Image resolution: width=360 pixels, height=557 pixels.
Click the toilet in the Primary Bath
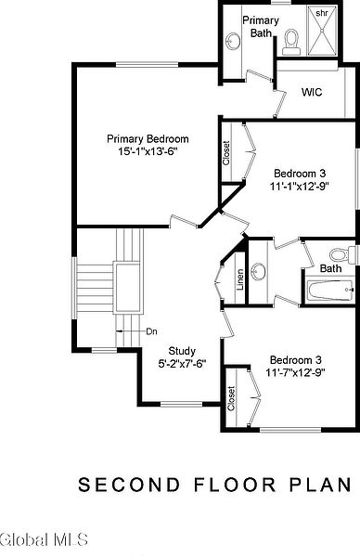[291, 43]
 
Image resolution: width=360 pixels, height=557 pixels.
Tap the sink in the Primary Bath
[233, 41]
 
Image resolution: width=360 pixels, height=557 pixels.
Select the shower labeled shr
[322, 31]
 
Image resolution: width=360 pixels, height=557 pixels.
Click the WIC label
[312, 92]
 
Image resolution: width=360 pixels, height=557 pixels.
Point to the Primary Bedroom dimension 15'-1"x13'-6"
[148, 151]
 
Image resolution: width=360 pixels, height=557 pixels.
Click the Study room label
[182, 351]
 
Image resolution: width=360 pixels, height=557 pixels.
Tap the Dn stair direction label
[151, 331]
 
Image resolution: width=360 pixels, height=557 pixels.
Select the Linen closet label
[240, 280]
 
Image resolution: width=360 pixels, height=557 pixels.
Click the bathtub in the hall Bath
[330, 291]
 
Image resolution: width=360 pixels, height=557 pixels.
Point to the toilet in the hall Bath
[342, 254]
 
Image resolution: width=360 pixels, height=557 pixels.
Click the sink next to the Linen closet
[259, 272]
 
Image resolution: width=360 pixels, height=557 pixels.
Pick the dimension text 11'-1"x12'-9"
[300, 187]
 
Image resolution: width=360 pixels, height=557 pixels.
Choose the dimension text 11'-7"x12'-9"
[296, 372]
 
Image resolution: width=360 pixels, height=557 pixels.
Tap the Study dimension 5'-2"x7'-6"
[182, 364]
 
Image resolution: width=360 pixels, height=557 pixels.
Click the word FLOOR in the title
[235, 485]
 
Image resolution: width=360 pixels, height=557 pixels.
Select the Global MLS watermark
[44, 539]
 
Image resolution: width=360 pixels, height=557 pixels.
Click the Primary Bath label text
[261, 27]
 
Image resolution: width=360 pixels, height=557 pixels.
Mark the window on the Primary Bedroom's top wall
[147, 65]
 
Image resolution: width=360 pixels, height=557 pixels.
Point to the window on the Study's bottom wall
[182, 404]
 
